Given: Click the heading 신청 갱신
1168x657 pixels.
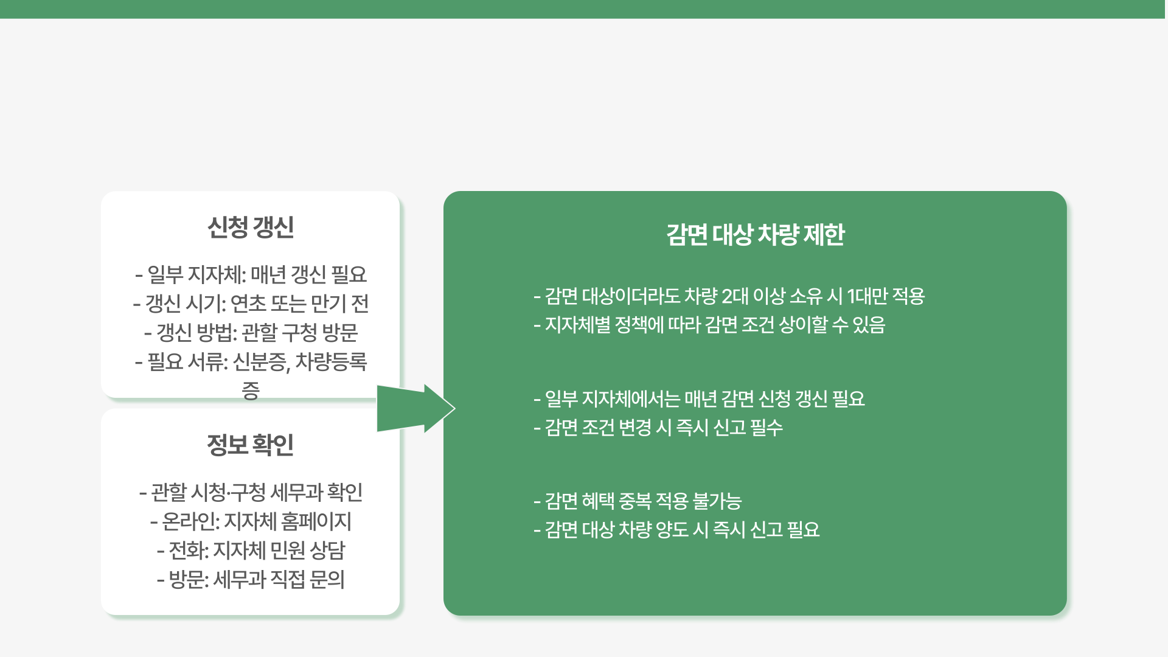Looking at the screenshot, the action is [x=251, y=228].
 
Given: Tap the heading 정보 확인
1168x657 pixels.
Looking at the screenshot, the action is [x=251, y=445].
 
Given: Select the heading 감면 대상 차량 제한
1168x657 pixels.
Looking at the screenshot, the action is [x=755, y=235].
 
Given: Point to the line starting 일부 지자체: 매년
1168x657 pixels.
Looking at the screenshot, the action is [x=251, y=275].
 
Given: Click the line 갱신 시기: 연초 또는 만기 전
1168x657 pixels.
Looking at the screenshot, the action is [x=251, y=304].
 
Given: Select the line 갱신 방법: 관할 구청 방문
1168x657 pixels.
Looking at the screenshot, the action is [x=251, y=333].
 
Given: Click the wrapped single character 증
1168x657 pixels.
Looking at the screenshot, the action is [x=251, y=391].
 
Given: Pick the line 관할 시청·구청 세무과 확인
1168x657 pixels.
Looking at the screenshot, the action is [x=251, y=492].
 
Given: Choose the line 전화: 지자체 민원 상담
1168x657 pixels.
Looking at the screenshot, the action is [x=251, y=551].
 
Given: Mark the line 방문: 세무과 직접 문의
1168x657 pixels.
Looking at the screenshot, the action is [x=251, y=580].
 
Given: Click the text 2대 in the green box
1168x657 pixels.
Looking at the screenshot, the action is [x=735, y=296].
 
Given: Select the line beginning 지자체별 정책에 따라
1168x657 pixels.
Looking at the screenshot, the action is [x=709, y=325].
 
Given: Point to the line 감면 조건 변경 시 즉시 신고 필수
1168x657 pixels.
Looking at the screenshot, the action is [x=658, y=428].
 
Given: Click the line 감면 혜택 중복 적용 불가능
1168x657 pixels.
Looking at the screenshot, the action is [x=638, y=501].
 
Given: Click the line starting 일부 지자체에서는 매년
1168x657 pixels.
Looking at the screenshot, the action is [x=699, y=399].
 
